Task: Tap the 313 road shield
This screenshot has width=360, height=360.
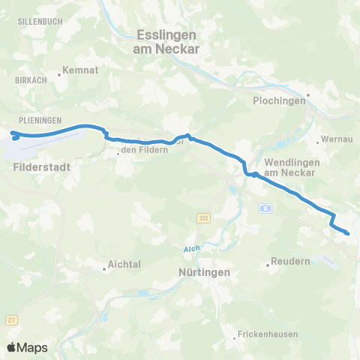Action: click(x=203, y=217)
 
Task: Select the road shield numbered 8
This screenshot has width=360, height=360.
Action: click(x=266, y=208)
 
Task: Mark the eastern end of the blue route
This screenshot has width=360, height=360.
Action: click(x=348, y=233)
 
